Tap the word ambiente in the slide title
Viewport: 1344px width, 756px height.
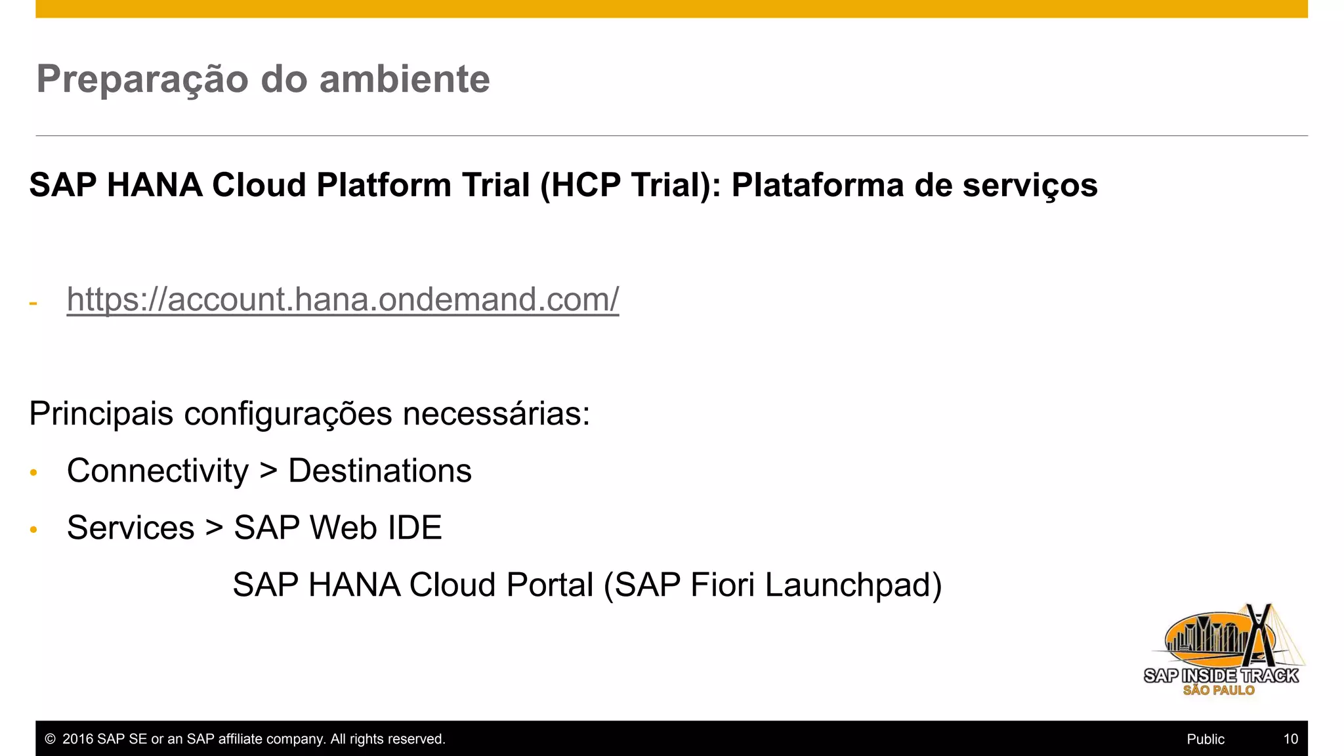tap(404, 79)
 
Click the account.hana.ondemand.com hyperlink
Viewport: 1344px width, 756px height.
tap(343, 299)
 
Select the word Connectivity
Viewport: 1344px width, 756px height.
tap(157, 471)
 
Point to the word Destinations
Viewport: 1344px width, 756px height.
tap(380, 471)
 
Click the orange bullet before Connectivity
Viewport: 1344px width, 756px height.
tap(33, 472)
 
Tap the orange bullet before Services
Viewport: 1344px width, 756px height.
tap(33, 530)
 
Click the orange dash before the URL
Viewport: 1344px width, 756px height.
tap(33, 303)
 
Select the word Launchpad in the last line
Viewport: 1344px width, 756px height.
tap(853, 585)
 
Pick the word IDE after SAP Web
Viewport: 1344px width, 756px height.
tap(415, 528)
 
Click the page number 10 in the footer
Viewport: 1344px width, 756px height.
tap(1290, 739)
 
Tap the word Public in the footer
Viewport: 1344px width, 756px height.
tap(1206, 739)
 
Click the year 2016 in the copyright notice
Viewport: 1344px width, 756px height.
tap(77, 739)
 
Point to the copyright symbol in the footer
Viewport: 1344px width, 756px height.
tap(50, 739)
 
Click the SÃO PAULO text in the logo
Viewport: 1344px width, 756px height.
tap(1219, 690)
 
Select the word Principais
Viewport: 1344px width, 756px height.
tap(101, 414)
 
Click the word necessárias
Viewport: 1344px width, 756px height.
tap(496, 414)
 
